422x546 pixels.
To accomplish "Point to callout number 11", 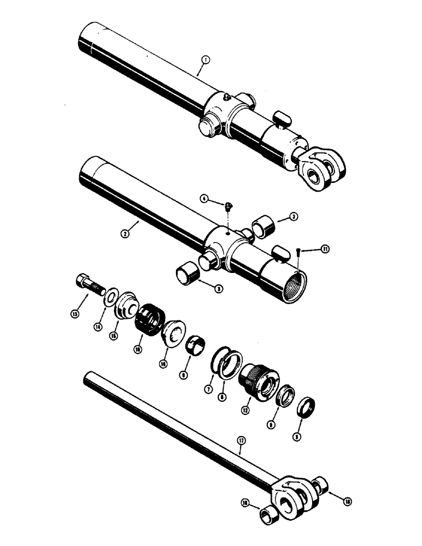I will pos(325,250).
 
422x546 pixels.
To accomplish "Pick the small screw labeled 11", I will pos(297,252).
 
